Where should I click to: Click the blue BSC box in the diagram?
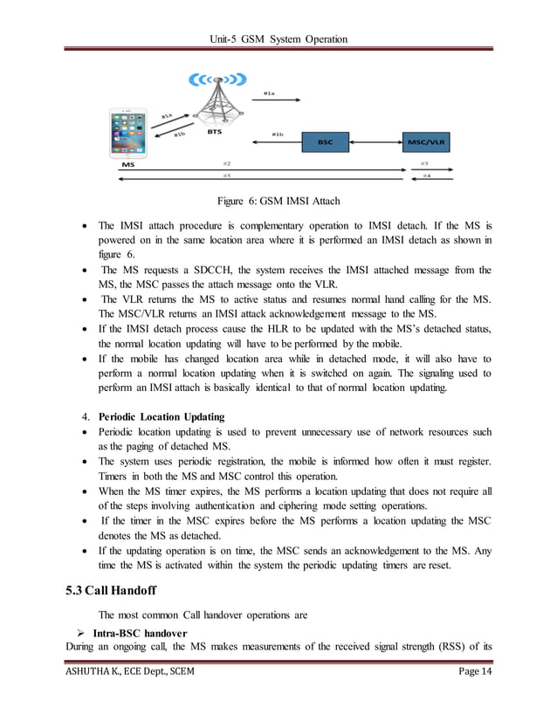pos(325,141)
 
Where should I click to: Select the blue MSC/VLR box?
pos(427,141)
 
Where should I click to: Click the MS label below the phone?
pos(127,163)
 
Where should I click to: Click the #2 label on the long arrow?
pos(226,162)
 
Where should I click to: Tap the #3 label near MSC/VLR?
pos(424,162)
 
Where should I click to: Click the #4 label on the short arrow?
pos(426,175)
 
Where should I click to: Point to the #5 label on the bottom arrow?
pos(226,175)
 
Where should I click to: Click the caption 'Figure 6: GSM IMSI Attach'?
pos(278,202)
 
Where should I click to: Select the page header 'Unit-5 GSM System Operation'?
pos(278,38)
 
